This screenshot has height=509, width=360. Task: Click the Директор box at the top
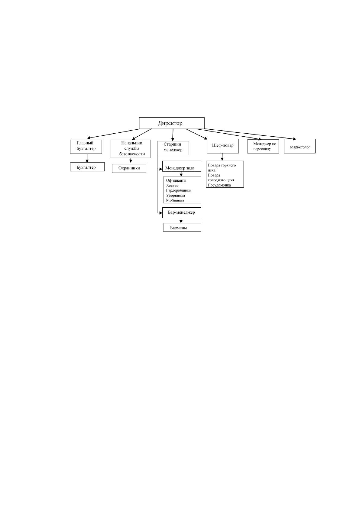172,123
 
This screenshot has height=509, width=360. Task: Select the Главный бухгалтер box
86,147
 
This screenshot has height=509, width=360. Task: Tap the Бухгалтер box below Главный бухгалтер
87,167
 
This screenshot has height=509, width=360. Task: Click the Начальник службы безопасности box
131,149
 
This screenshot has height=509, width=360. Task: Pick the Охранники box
129,168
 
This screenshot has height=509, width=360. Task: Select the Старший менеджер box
173,148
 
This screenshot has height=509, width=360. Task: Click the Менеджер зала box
182,166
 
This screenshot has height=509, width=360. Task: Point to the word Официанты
176,180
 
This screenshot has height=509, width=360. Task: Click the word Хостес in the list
172,185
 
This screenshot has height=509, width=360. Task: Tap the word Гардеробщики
179,190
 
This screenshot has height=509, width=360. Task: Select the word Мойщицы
175,200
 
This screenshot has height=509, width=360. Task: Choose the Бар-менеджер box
182,213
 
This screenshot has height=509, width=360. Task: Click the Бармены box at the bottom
182,227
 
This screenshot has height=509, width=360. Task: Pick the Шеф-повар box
223,146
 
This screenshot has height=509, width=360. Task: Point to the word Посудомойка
219,185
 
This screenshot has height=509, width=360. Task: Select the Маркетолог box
300,146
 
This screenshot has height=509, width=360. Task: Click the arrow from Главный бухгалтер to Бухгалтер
87,158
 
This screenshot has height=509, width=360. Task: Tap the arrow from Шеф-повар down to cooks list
222,157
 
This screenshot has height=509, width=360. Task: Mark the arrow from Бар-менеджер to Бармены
181,221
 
